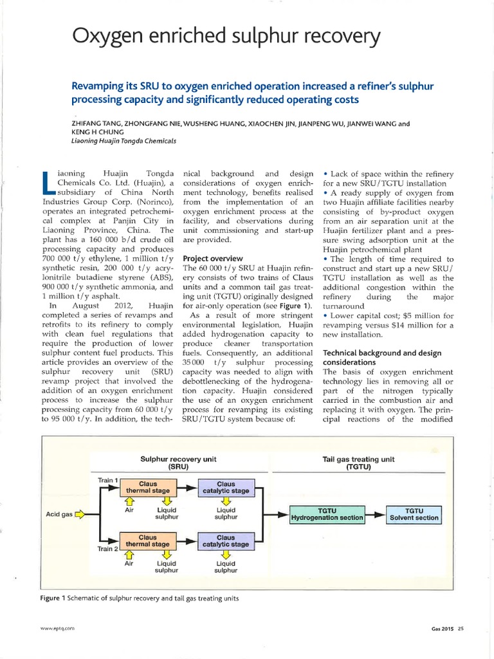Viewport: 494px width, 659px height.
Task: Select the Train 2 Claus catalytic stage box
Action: click(x=225, y=541)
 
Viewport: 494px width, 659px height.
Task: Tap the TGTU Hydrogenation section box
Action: click(x=327, y=513)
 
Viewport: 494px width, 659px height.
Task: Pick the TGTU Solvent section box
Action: click(x=414, y=513)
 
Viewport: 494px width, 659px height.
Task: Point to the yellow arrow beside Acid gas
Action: click(x=80, y=514)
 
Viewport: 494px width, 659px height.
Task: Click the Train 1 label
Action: click(x=107, y=479)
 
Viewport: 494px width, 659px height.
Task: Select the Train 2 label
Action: click(x=107, y=549)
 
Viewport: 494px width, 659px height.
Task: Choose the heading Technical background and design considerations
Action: click(x=382, y=358)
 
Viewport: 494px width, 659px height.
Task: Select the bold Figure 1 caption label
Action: click(x=54, y=599)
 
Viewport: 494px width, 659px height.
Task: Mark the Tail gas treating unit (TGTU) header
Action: click(x=358, y=463)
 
